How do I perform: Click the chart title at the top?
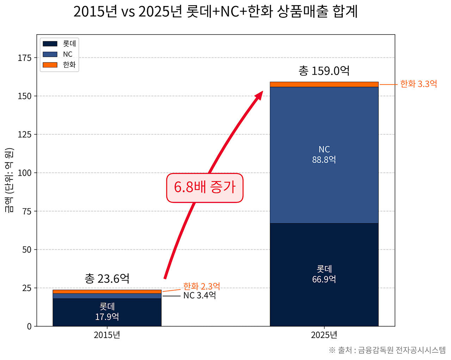click(x=216, y=12)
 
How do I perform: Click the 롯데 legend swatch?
click(x=50, y=44)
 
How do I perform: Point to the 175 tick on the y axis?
click(x=25, y=58)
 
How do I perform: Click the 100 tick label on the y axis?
click(x=25, y=173)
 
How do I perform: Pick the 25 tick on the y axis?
click(x=27, y=288)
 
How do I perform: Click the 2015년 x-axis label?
click(x=107, y=335)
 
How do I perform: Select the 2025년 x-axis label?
click(x=324, y=335)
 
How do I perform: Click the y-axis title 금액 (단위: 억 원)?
click(x=10, y=180)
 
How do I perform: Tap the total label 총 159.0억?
click(x=324, y=71)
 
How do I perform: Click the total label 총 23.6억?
click(x=107, y=279)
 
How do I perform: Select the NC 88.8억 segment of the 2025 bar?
click(x=324, y=155)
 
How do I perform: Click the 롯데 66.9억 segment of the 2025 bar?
click(x=324, y=274)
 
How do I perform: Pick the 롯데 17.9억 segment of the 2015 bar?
click(x=107, y=312)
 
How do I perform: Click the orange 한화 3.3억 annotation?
click(x=418, y=84)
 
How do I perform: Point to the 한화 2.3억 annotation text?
click(x=202, y=286)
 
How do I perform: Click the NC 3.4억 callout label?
click(x=199, y=296)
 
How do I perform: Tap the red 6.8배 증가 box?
click(x=205, y=188)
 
